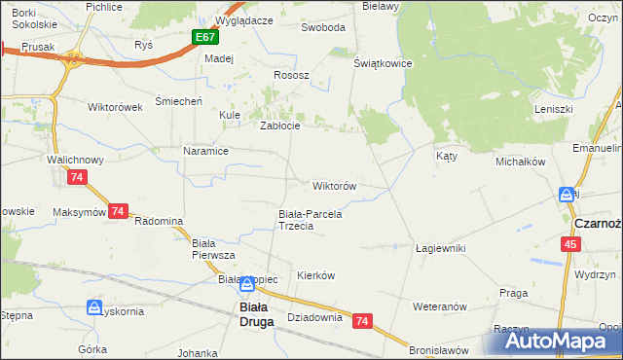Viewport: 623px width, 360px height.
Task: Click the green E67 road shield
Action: pyautogui.click(x=204, y=38)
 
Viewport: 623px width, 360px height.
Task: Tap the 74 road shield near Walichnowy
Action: pyautogui.click(x=78, y=177)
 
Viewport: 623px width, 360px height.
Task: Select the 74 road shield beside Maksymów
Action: pyautogui.click(x=119, y=211)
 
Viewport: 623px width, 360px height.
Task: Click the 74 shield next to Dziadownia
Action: pyautogui.click(x=362, y=320)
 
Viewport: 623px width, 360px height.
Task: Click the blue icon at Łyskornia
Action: pyautogui.click(x=94, y=307)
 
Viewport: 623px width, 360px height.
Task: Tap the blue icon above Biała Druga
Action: pyautogui.click(x=248, y=284)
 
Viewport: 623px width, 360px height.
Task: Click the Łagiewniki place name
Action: pyautogui.click(x=440, y=248)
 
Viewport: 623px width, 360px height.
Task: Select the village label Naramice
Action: pyautogui.click(x=205, y=151)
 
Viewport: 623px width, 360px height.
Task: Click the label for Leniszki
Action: pyautogui.click(x=552, y=109)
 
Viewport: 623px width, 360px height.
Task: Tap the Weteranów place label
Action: pyautogui.click(x=442, y=306)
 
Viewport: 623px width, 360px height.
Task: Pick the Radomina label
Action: pyautogui.click(x=159, y=221)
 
